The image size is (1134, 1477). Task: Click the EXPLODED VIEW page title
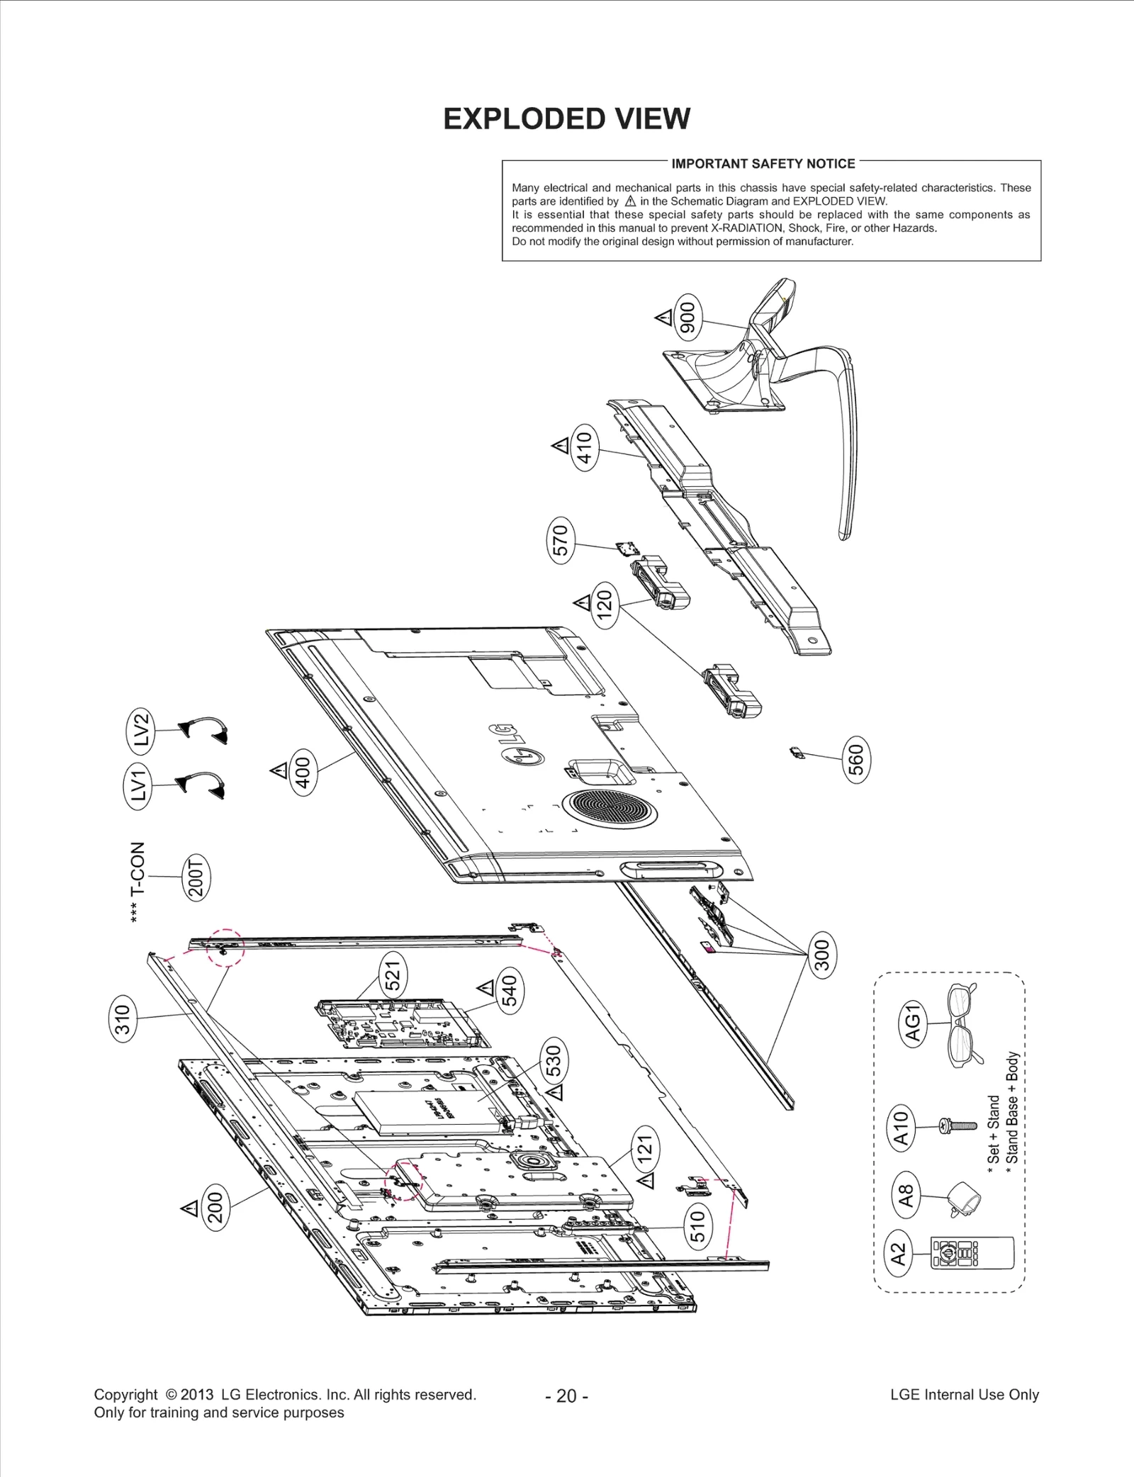click(x=566, y=119)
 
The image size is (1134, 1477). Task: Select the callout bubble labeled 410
click(x=584, y=447)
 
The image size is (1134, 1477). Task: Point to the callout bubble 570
click(x=561, y=541)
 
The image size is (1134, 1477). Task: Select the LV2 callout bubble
click(x=142, y=729)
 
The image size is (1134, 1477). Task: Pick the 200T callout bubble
click(x=196, y=877)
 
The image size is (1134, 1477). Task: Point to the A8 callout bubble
click(x=906, y=1194)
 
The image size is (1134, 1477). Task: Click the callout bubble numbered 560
click(x=856, y=760)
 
